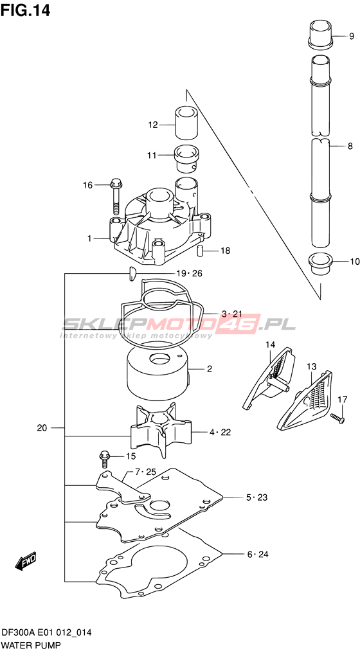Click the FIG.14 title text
(x=26, y=10)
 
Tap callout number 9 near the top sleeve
(x=351, y=37)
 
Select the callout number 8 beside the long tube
(x=350, y=146)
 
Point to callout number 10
(x=355, y=262)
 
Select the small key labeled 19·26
(x=132, y=274)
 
